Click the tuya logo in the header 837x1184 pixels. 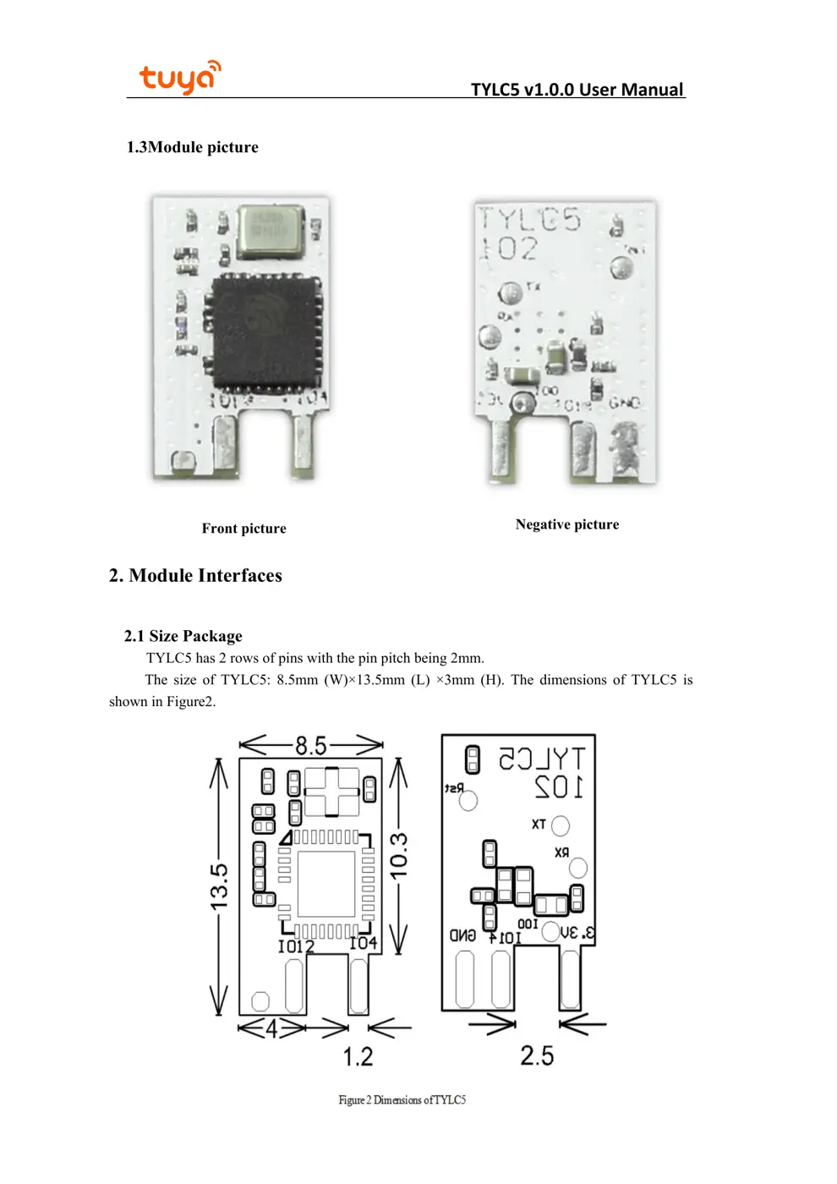tap(179, 77)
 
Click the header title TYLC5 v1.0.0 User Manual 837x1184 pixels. tap(577, 90)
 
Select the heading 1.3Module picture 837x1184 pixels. tap(192, 147)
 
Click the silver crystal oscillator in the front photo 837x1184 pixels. tap(270, 230)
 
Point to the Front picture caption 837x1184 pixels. tap(243, 529)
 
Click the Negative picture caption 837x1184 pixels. tap(566, 524)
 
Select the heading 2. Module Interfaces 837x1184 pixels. tap(195, 576)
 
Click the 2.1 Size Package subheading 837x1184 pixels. tap(183, 636)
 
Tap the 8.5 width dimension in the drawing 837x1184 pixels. tap(310, 746)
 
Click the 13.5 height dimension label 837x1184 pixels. tap(219, 886)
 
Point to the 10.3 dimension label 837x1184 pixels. tap(399, 854)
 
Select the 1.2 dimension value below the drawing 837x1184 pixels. tap(358, 1056)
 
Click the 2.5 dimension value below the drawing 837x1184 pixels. tap(537, 1055)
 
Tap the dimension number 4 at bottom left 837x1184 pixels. tap(271, 1028)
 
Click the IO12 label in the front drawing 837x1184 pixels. tap(296, 946)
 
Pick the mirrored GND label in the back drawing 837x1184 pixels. tap(462, 935)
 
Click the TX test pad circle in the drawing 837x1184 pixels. tap(561, 825)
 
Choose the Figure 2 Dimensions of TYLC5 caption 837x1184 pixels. tap(402, 1099)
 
